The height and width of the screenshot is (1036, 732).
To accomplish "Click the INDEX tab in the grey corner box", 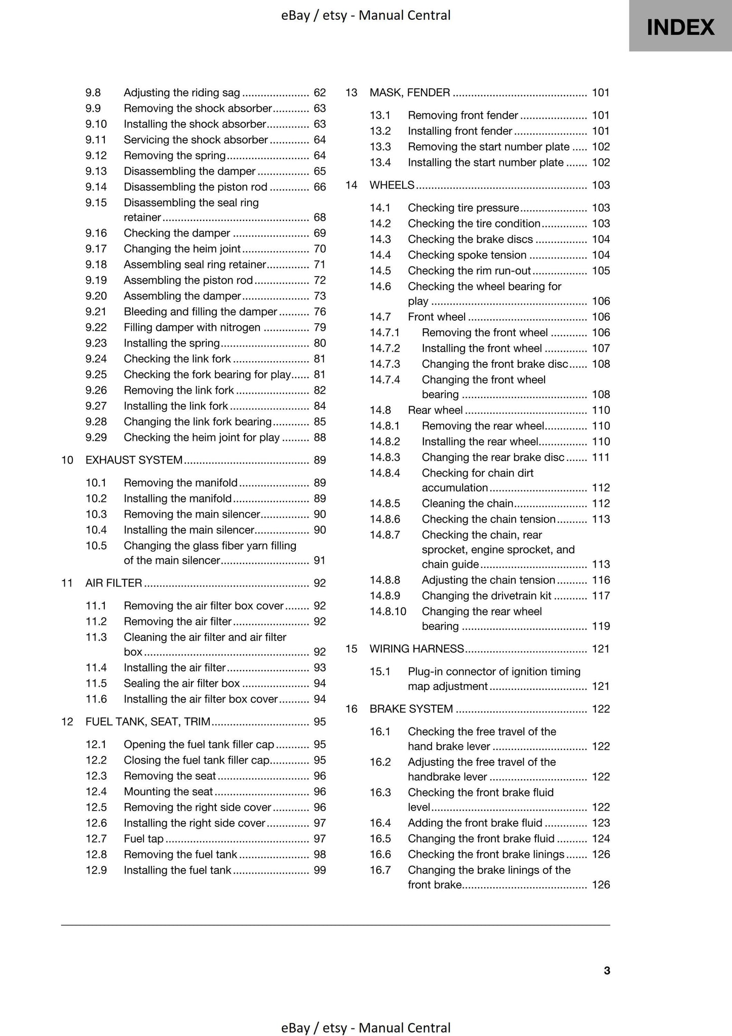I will pyautogui.click(x=680, y=27).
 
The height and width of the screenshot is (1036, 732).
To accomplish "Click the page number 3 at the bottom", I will pyautogui.click(x=606, y=970).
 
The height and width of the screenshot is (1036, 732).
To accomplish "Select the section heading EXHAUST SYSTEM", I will pyautogui.click(x=134, y=460).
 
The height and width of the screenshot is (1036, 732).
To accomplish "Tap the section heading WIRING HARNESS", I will pyautogui.click(x=416, y=648).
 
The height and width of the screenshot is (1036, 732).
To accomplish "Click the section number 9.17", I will pyautogui.click(x=96, y=249).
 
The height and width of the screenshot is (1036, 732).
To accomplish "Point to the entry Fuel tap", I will pyautogui.click(x=143, y=838).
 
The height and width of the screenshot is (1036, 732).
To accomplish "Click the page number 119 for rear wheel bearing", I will pyautogui.click(x=601, y=626).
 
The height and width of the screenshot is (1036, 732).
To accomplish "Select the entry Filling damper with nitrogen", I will pyautogui.click(x=192, y=327).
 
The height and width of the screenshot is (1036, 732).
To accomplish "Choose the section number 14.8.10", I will pyautogui.click(x=388, y=611).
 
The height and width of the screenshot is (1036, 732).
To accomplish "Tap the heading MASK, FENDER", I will pyautogui.click(x=409, y=93).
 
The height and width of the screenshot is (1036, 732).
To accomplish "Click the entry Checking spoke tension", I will pyautogui.click(x=467, y=255).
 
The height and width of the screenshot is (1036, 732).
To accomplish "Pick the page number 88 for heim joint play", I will pyautogui.click(x=320, y=437).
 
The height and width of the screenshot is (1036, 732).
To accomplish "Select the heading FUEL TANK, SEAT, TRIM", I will pyautogui.click(x=148, y=721).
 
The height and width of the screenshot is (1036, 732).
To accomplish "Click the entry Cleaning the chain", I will pyautogui.click(x=467, y=504).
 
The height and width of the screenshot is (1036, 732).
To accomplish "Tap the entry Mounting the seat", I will pyautogui.click(x=168, y=791).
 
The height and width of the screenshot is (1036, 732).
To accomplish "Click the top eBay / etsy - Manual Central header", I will pyautogui.click(x=366, y=15).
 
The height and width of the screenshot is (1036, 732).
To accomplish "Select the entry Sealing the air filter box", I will pyautogui.click(x=181, y=683).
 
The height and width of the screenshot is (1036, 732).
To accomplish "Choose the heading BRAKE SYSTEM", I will pyautogui.click(x=411, y=709).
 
